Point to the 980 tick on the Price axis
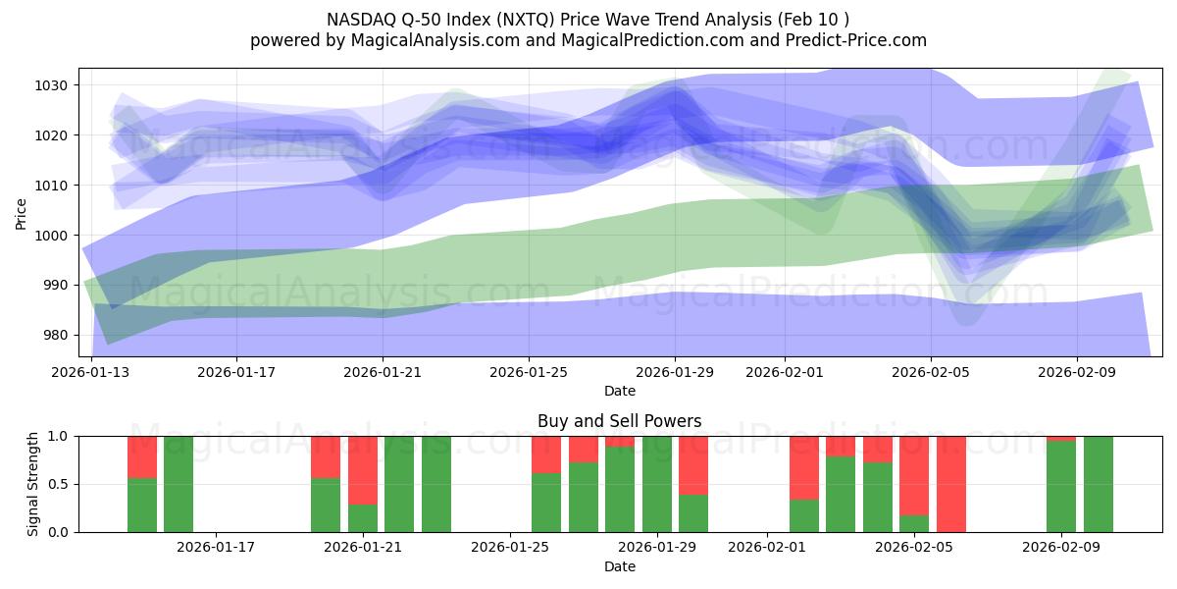tap(55, 335)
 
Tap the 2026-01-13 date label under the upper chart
tap(91, 373)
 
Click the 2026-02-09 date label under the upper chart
tap(1077, 373)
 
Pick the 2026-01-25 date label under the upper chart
tap(529, 373)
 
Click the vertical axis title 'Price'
tap(22, 213)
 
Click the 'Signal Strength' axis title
tap(33, 484)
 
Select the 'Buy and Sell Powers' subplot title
tap(619, 421)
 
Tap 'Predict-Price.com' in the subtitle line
tap(860, 40)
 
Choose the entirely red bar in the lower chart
tap(951, 484)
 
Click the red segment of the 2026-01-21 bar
tap(363, 469)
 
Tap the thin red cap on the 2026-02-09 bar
tap(1061, 438)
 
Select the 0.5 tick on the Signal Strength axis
tap(57, 484)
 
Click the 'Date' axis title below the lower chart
tap(619, 566)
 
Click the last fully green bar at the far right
tap(1099, 484)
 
